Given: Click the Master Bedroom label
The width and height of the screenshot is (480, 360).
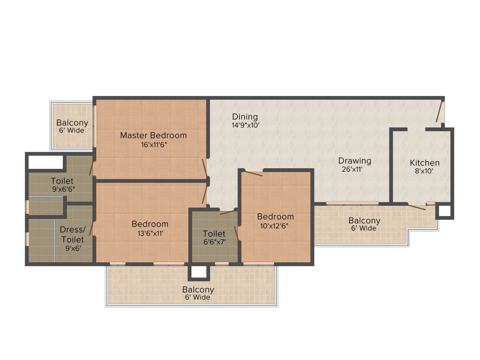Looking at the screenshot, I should [153, 135].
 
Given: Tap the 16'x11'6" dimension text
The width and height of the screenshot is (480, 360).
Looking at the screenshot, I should [153, 144].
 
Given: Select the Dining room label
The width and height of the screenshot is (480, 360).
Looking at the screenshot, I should [245, 117].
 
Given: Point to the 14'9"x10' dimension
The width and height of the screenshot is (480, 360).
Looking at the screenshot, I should [245, 125].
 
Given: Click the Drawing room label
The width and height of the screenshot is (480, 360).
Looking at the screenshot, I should [355, 161].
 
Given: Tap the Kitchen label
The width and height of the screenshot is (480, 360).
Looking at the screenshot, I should [425, 163].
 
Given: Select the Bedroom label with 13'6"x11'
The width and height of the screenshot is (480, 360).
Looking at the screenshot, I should [150, 224].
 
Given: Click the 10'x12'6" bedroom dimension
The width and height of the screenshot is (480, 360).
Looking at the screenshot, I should [275, 225].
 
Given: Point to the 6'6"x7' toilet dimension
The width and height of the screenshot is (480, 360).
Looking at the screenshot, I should [214, 242].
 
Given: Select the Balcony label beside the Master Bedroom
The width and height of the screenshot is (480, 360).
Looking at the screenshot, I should [72, 123].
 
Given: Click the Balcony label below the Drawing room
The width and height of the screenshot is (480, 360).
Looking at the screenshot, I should [364, 220].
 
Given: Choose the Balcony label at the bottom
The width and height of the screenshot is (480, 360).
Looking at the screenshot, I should [198, 290].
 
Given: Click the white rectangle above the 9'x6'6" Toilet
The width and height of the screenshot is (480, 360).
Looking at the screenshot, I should [45, 162].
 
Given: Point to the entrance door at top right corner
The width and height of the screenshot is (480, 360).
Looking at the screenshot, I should [440, 112].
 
